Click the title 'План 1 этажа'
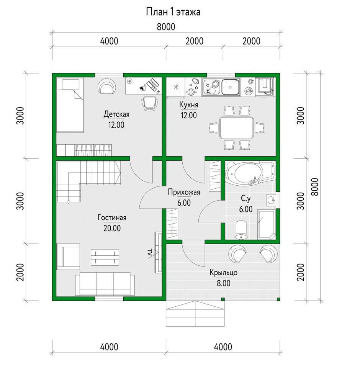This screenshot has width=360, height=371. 173,12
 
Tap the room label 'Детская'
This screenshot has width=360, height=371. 116,114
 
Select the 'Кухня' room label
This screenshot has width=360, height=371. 189,105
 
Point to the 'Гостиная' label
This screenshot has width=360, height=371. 112,217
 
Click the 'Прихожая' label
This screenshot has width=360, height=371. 184,192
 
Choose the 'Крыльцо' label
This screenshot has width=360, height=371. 223,273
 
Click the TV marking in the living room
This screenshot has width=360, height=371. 150,252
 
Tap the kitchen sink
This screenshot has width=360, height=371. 230,87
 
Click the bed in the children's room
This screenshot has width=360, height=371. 70,105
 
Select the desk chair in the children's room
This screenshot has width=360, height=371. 150,103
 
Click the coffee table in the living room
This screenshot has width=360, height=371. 105,257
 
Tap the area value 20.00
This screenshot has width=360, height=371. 112,228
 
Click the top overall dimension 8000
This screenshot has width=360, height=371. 166,27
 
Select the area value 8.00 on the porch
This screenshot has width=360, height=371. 223,283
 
